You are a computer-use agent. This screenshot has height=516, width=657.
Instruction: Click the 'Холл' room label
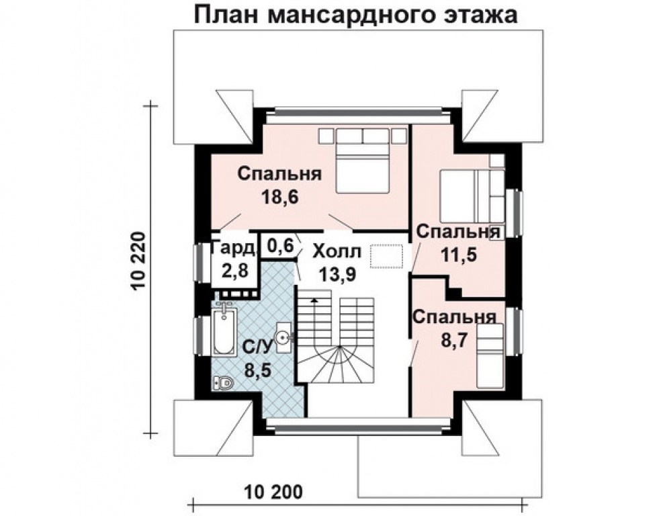click(x=337, y=252)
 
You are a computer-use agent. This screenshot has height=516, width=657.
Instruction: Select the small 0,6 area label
click(x=280, y=245)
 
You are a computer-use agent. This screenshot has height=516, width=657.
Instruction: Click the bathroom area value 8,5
click(x=257, y=370)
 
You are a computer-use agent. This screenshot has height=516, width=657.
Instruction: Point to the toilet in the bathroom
click(x=223, y=383)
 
